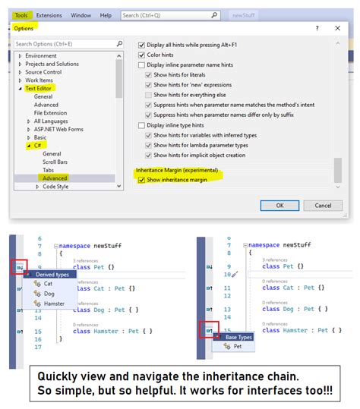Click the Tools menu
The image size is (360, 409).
tap(21, 14)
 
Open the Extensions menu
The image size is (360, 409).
tap(49, 14)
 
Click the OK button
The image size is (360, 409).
tap(280, 205)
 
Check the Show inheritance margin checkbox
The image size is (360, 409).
tap(141, 180)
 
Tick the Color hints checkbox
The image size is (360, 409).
tap(141, 55)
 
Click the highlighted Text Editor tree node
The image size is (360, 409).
tap(43, 88)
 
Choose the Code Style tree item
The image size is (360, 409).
tap(55, 186)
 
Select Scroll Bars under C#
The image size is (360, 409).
tap(55, 162)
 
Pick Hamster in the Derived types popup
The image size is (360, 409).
tap(54, 304)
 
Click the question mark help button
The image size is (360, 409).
tap(317, 28)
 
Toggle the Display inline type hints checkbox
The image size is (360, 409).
tap(141, 124)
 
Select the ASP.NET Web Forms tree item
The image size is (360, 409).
tap(54, 129)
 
